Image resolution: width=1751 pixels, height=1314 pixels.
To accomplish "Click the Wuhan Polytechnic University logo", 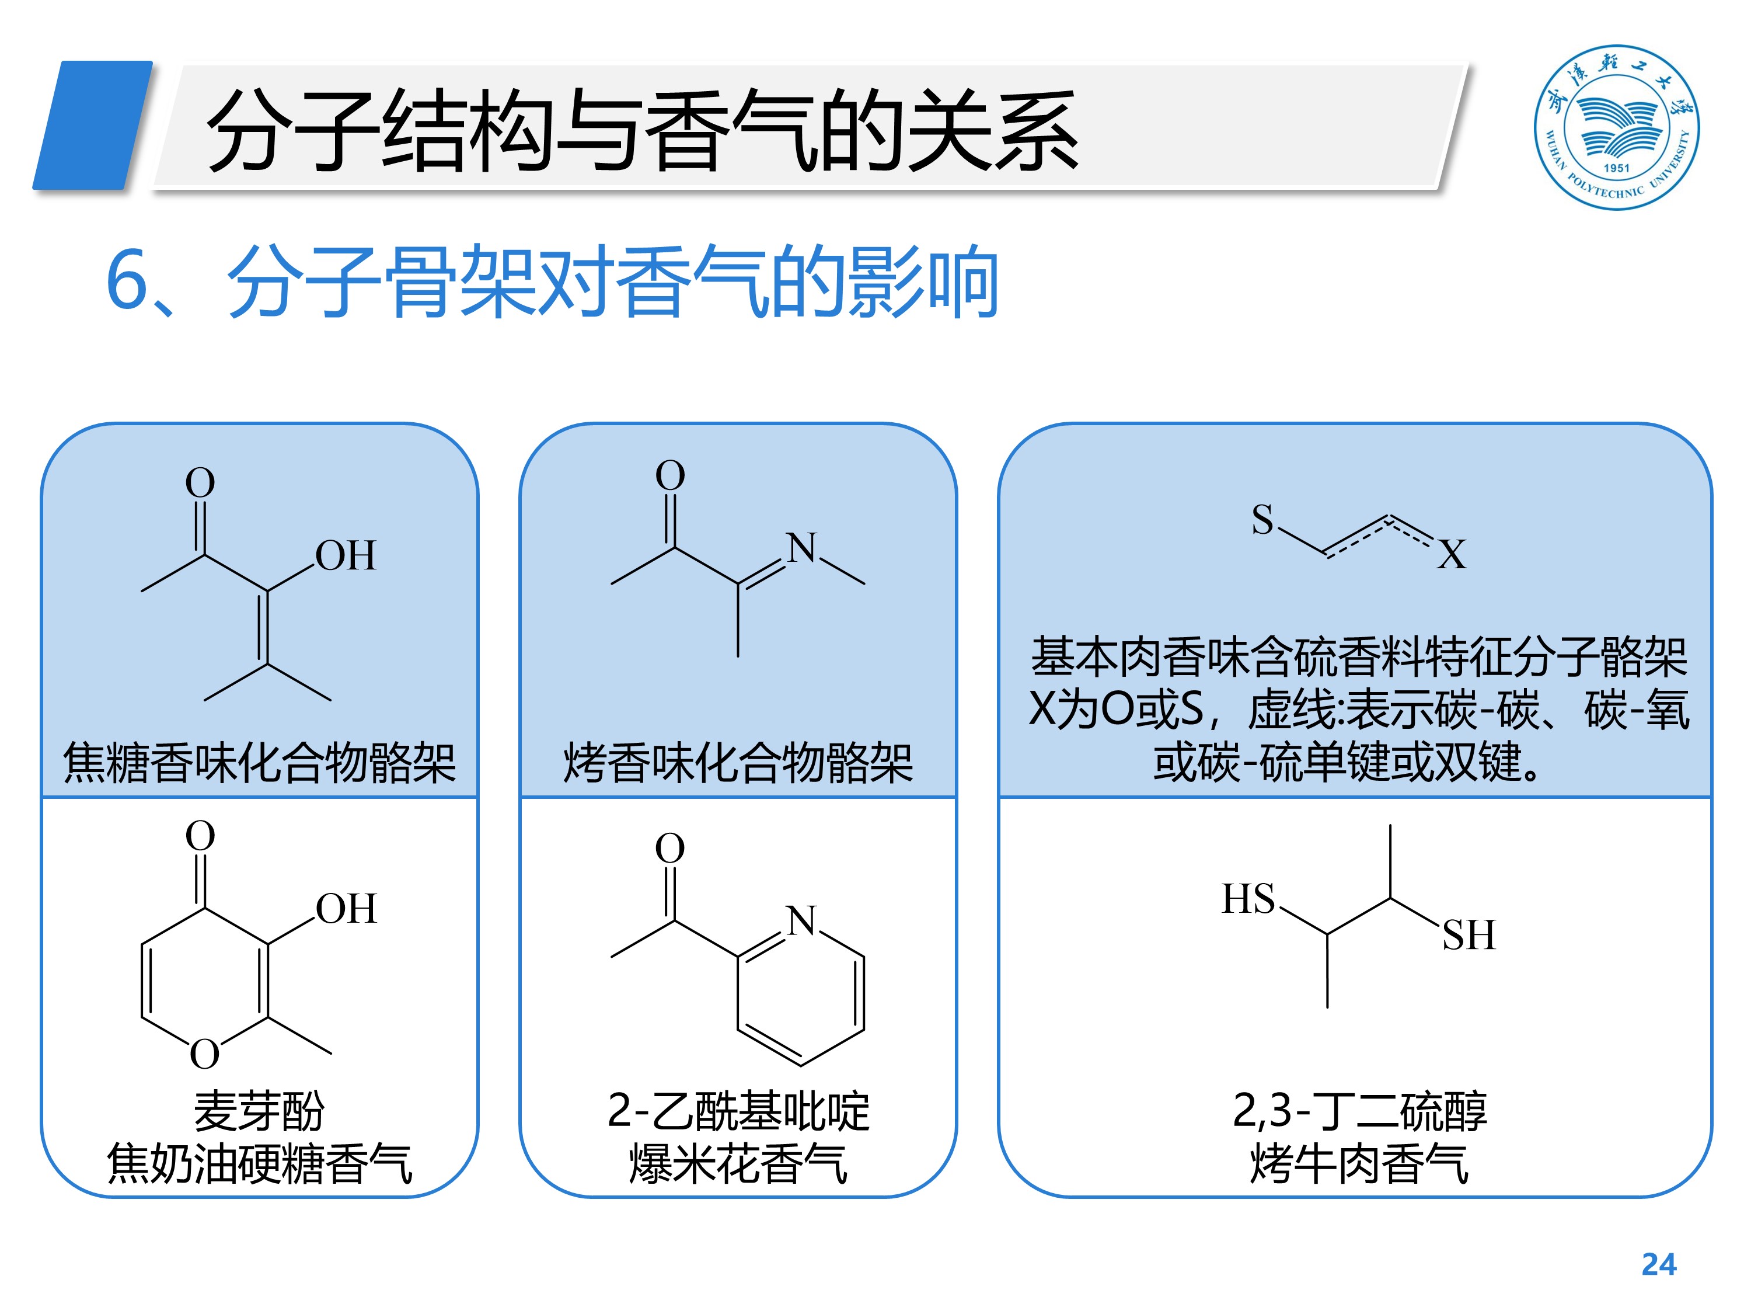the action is pos(1616,127).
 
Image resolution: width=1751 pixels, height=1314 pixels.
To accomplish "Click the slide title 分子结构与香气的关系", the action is pos(641,131).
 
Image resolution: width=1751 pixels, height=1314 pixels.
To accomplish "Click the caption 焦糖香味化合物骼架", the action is pos(260,763).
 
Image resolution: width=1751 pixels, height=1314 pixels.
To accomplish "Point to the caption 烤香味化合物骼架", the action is pos(738,763).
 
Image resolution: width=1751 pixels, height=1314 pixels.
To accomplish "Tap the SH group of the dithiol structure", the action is pos(1469,934).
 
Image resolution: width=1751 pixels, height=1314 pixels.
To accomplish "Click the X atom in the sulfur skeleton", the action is pos(1452,554).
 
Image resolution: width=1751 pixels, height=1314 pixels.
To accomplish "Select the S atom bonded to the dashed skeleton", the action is pos(1262,520).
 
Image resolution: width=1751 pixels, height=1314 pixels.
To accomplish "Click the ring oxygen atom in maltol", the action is pos(204,1054).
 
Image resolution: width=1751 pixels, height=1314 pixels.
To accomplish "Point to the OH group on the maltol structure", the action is pos(346,909).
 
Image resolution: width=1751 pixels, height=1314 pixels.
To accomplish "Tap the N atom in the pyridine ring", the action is pos(802,920).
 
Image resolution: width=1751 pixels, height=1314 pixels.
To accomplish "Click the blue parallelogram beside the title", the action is pos(93,125).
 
